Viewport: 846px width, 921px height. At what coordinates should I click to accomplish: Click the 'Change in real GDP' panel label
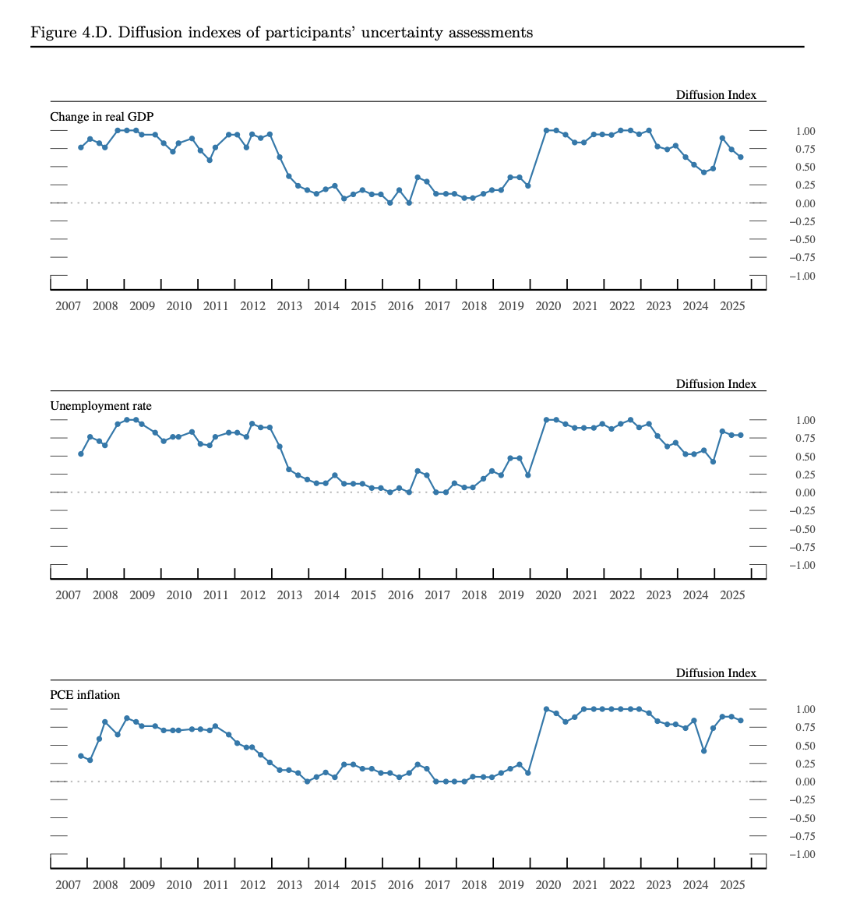[102, 117]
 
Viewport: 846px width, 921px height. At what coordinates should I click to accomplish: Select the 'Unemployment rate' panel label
[101, 406]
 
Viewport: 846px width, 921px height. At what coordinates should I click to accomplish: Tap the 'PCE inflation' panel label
[85, 695]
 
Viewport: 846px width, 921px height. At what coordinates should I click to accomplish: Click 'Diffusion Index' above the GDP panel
[716, 95]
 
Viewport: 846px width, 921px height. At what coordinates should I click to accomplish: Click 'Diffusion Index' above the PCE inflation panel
[716, 673]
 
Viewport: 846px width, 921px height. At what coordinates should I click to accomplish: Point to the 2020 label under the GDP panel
[548, 306]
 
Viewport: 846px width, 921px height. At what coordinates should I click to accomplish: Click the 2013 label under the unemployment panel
[290, 595]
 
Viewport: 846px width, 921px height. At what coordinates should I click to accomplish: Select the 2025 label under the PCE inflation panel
[732, 885]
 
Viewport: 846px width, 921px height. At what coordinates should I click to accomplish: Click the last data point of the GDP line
[741, 157]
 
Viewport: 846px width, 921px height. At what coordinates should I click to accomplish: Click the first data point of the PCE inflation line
[81, 756]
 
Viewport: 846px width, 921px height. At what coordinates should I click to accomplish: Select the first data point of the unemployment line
[81, 453]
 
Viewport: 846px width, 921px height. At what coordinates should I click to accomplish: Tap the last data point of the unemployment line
[741, 435]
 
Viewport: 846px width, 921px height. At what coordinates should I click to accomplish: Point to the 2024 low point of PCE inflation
[704, 751]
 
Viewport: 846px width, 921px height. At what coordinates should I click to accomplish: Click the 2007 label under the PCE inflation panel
[69, 885]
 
